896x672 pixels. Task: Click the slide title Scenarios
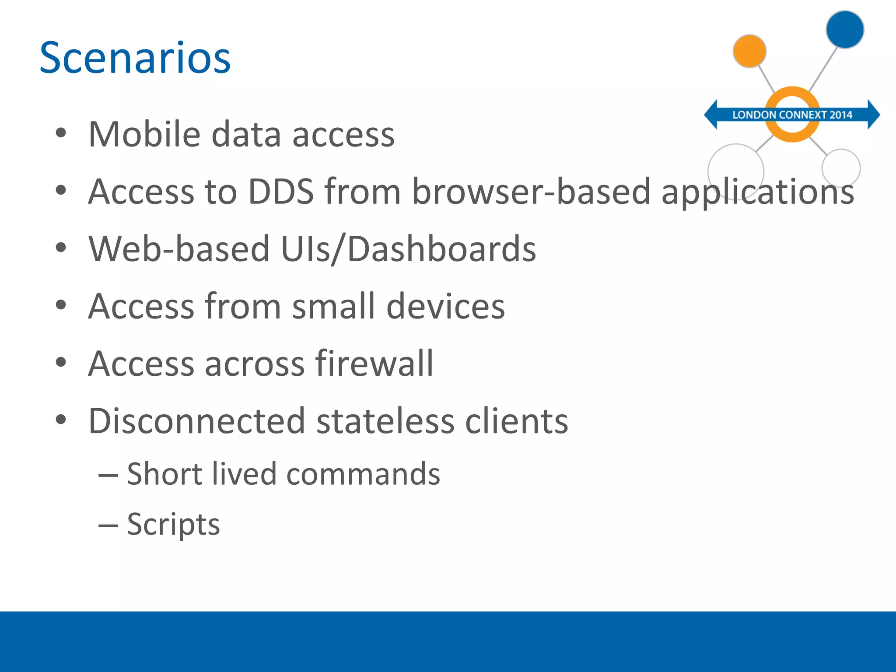135,58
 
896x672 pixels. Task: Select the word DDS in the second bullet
280,192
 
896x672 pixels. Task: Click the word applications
757,192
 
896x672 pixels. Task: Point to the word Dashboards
441,249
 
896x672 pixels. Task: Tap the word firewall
374,364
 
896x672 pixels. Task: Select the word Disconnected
196,421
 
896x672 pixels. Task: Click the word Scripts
173,524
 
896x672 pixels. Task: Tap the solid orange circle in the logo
749,51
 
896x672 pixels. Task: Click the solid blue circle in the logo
844,29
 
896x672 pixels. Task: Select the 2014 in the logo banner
841,115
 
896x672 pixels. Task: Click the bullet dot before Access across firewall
61,362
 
